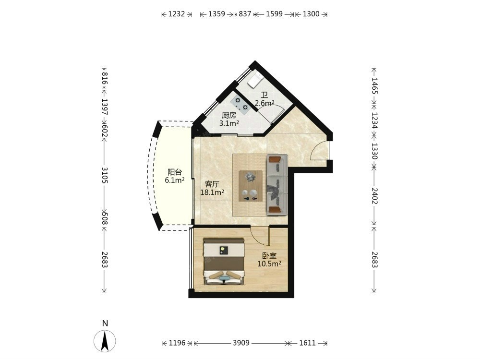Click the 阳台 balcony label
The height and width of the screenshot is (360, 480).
[175, 172]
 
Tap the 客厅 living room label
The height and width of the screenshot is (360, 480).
[212, 184]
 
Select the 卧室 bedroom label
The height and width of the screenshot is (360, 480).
[269, 256]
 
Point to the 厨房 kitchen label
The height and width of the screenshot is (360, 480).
[229, 115]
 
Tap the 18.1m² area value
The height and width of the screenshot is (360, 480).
[212, 192]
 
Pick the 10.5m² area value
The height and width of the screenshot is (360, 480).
[269, 264]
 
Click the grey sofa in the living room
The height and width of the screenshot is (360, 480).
[277, 185]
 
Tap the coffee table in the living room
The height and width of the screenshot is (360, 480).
[251, 186]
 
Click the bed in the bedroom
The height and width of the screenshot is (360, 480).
[224, 262]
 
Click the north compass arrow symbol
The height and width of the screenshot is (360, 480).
[105, 341]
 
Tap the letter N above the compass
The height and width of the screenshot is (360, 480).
[105, 323]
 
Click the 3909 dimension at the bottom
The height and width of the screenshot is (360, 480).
[241, 343]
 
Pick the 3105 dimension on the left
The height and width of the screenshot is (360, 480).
[105, 175]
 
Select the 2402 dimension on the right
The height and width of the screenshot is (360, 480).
[374, 196]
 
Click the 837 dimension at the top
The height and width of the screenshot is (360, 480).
[245, 14]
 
